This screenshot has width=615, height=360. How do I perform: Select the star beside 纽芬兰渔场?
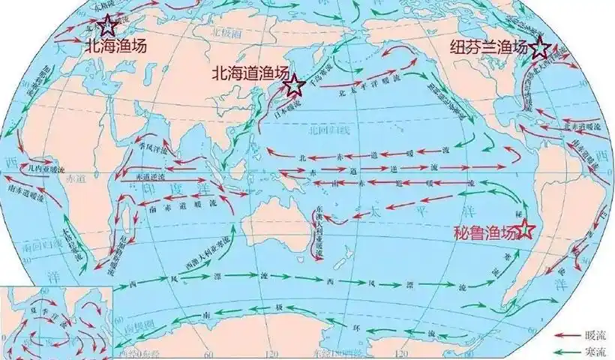pyautogui.click(x=539, y=49)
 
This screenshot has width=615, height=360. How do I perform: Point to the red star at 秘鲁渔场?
pyautogui.click(x=527, y=228)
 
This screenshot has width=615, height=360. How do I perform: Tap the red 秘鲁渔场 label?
pyautogui.click(x=485, y=232)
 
